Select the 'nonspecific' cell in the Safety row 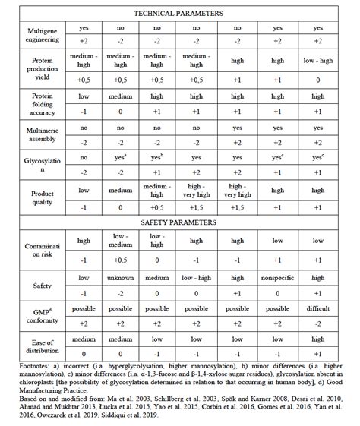point(277,278)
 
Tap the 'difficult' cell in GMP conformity point(317,309)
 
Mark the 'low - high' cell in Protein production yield point(317,64)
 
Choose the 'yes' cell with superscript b point(158,158)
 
